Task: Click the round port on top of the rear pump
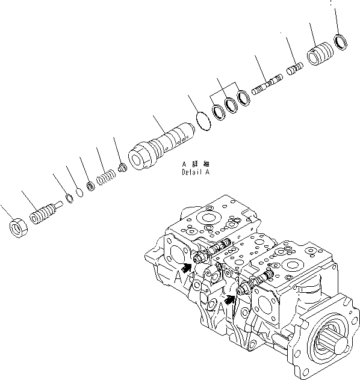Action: [209, 217]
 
